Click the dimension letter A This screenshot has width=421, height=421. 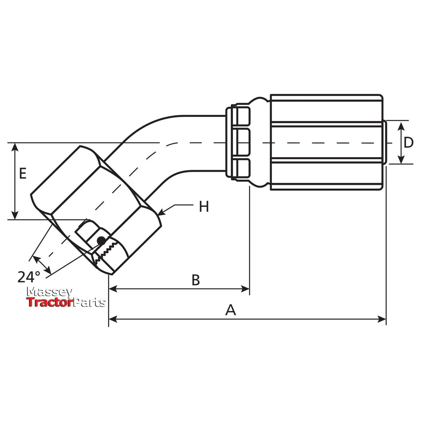[230, 310]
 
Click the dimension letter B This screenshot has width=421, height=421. [196, 280]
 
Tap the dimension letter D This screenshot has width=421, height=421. [408, 143]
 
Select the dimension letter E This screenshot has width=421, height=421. [23, 173]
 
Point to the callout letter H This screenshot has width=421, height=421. [204, 207]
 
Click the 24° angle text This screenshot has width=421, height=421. [29, 277]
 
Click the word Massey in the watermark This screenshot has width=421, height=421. [49, 292]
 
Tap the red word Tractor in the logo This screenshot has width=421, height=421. [49, 303]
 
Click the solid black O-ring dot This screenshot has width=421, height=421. [101, 240]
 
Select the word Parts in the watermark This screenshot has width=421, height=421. [89, 303]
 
